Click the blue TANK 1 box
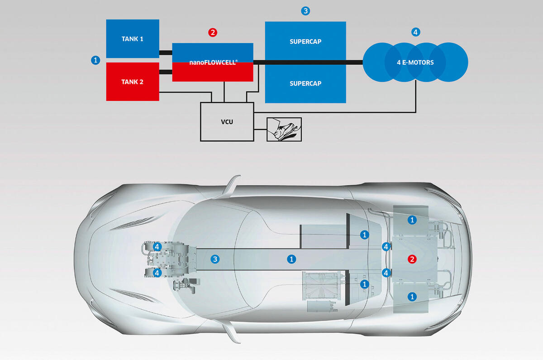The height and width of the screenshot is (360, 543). (x=132, y=39)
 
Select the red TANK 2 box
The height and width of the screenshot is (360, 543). (x=132, y=82)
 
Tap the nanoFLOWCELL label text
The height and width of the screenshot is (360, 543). (x=212, y=62)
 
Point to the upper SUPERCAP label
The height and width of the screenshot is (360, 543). (x=305, y=42)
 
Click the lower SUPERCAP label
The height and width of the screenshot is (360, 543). (x=305, y=83)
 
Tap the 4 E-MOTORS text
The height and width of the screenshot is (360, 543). (x=415, y=62)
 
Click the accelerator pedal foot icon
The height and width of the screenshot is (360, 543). (x=284, y=129)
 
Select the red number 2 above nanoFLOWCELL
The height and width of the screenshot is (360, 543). (x=213, y=32)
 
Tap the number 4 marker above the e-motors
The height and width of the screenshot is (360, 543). (x=416, y=32)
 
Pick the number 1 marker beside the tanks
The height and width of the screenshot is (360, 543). (x=95, y=60)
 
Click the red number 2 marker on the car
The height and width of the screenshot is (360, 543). (x=412, y=259)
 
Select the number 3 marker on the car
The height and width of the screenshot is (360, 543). (x=215, y=259)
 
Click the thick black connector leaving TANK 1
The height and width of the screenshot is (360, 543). (x=166, y=52)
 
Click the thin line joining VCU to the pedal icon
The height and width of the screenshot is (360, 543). (x=260, y=130)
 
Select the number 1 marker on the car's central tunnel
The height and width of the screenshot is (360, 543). (x=292, y=259)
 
